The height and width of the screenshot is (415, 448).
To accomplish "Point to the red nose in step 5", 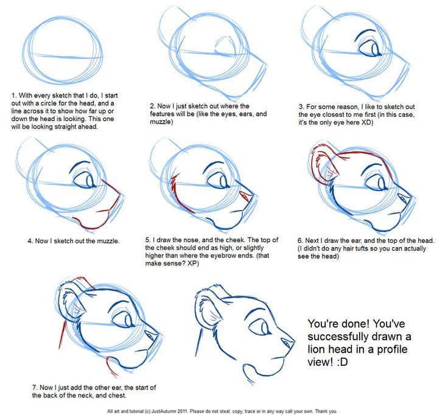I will tap(246, 195).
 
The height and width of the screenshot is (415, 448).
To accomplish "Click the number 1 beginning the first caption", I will tap(13, 96).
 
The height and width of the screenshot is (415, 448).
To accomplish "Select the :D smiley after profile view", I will tap(340, 363).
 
